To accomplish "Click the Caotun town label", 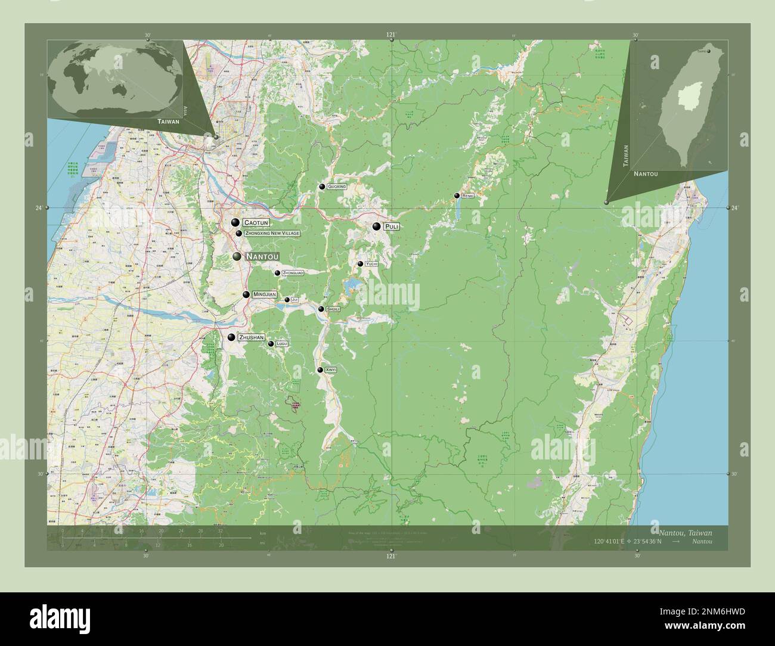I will coord(256,223).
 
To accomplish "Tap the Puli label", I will coord(392,227).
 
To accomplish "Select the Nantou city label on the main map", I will coord(262,257).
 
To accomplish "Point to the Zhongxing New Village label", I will coord(272,234).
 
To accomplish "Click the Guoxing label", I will coord(337,187).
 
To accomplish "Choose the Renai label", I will coord(468,196).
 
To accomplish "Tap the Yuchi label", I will coord(371,264).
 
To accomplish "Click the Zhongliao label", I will coord(293,273).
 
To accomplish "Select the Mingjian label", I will coord(264,294).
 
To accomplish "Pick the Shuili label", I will coord(333,309).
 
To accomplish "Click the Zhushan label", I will coord(250,337).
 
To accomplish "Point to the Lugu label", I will coord(282,344).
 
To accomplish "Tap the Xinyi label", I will coord(331,370).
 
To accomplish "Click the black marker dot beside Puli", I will coord(376,226).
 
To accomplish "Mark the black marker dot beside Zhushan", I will coord(231,337).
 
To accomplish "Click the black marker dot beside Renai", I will coord(457,195).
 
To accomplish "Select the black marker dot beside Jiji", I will coord(287,300).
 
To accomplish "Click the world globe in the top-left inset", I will coord(116,79).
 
